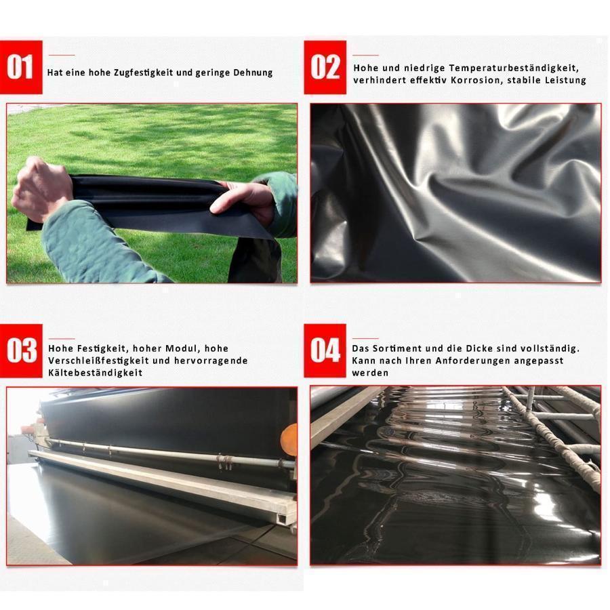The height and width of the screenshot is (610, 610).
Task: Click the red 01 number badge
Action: click(21, 67)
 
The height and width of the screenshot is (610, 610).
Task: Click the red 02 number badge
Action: click(325, 67)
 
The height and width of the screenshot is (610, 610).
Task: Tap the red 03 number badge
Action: click(21, 350)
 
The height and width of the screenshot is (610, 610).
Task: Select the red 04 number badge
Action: click(325, 350)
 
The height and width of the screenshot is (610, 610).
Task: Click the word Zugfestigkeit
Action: click(144, 73)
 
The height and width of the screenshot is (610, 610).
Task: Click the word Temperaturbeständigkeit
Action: click(514, 68)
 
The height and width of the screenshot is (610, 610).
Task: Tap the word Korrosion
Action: click(476, 80)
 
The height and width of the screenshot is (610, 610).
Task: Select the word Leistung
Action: click(565, 80)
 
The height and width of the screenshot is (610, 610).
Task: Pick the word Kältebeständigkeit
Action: click(95, 373)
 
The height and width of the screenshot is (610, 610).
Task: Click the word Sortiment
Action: click(396, 348)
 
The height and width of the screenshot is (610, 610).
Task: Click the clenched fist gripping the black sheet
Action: click(42, 189)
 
